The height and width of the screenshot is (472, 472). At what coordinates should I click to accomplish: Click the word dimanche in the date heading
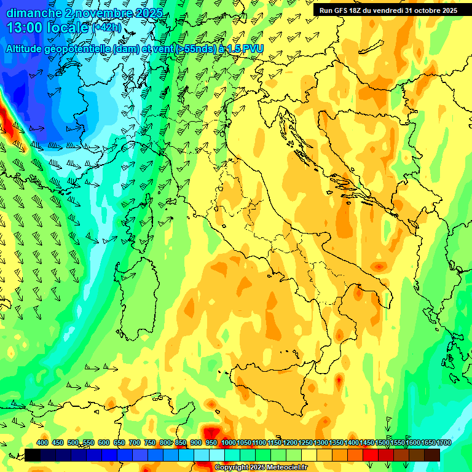[34, 12]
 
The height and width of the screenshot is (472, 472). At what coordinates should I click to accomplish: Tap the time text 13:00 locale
[48, 28]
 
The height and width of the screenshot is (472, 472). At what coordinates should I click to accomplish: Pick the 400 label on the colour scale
[42, 442]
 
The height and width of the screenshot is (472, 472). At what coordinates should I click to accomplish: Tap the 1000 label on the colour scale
[228, 442]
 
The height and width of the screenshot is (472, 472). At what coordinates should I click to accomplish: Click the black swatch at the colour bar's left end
[33, 455]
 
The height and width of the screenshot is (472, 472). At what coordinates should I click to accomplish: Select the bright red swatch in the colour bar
[371, 455]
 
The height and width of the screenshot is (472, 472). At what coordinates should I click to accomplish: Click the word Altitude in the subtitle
[25, 49]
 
